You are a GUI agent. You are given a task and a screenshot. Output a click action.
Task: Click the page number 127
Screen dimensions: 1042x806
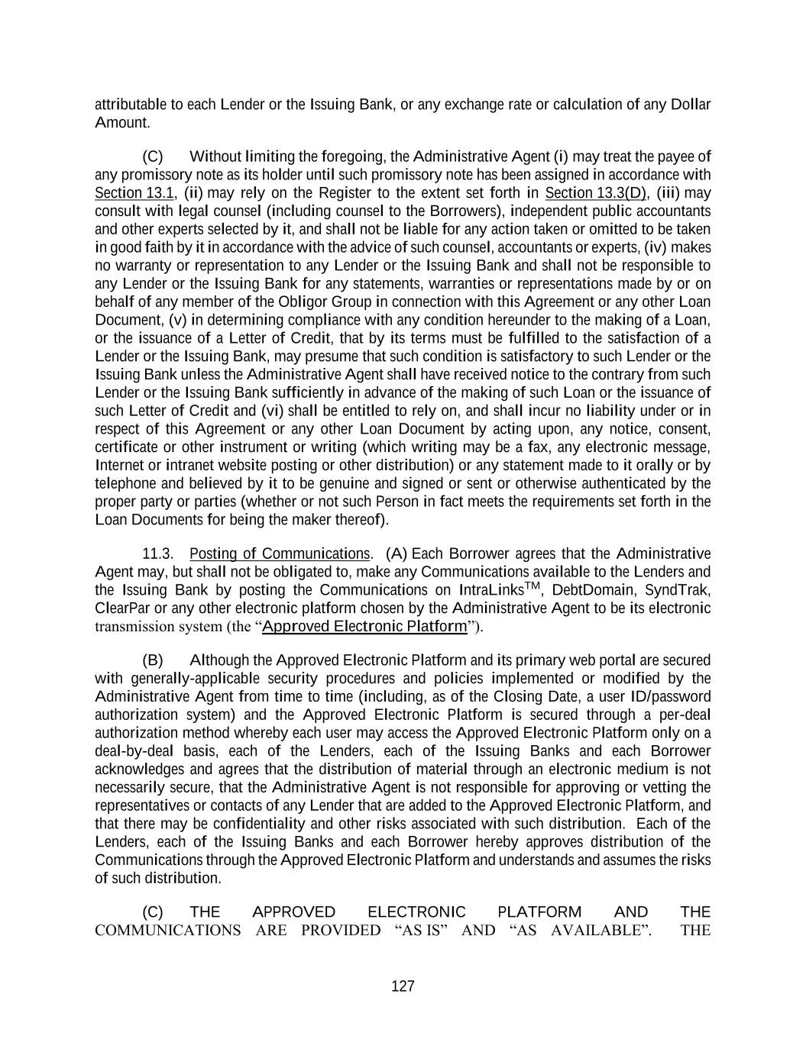(403, 986)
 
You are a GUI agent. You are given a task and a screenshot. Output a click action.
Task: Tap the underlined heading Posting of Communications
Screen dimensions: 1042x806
(280, 553)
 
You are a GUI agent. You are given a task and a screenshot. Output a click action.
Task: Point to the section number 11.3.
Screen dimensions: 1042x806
(157, 553)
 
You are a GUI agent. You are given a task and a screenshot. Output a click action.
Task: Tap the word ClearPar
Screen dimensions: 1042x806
(122, 608)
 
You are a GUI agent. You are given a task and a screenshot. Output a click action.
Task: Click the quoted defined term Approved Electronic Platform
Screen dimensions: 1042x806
(364, 627)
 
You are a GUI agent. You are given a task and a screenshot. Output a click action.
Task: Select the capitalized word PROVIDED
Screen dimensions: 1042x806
(341, 931)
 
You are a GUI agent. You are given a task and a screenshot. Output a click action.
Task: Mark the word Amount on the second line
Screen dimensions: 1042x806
(121, 123)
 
